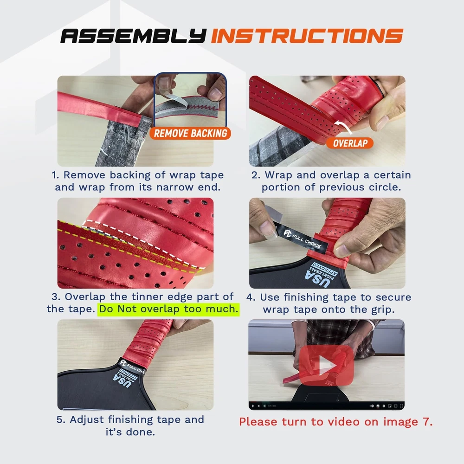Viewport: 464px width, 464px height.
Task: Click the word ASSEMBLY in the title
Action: (133, 36)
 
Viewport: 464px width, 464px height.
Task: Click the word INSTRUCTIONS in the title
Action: (307, 36)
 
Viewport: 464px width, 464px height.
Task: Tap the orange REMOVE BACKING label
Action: (190, 134)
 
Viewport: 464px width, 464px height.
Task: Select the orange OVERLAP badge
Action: (350, 143)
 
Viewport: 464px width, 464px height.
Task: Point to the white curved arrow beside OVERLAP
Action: (344, 126)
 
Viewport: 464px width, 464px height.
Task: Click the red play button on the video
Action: (326, 366)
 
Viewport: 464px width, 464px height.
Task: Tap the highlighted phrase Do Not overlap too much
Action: (168, 309)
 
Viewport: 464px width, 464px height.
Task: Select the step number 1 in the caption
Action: (55, 175)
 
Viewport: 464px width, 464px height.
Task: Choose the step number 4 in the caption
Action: (251, 297)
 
